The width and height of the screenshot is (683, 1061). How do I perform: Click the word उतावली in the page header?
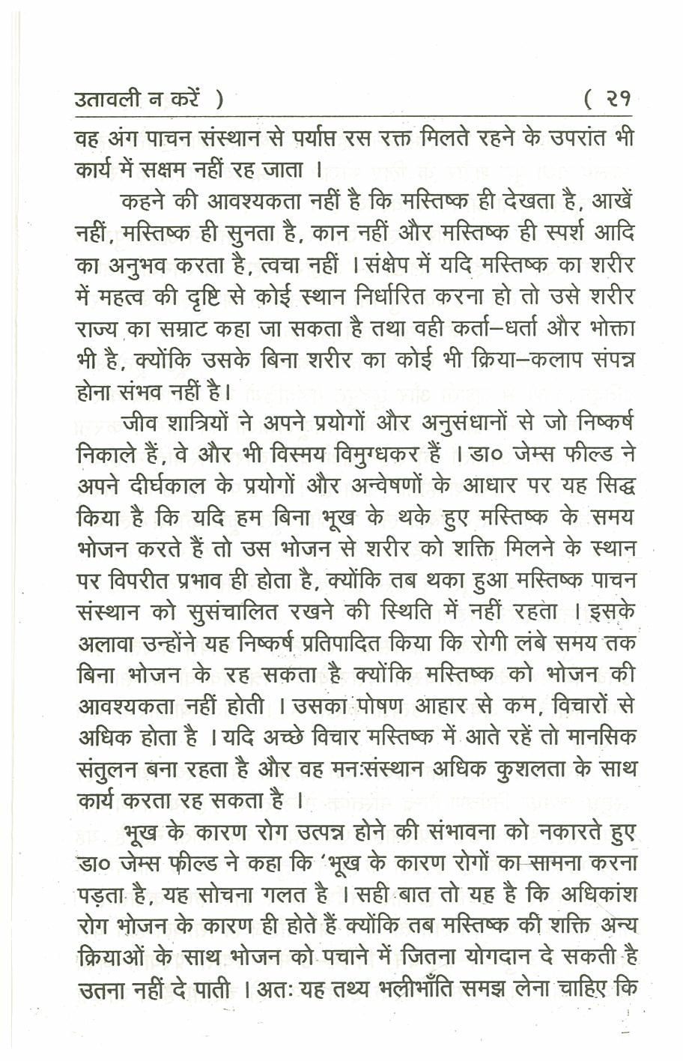tap(112, 100)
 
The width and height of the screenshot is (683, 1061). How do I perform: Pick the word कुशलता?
tap(500, 770)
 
